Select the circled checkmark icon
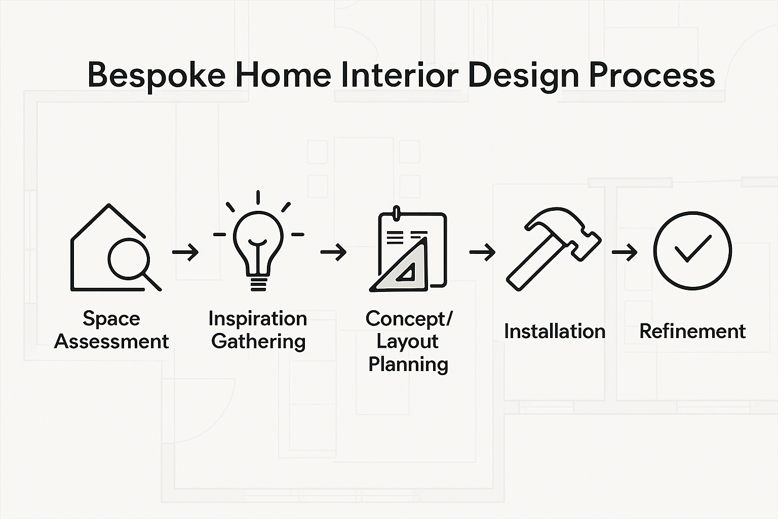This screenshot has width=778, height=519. coord(692,250)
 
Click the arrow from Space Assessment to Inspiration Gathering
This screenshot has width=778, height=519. coord(185,252)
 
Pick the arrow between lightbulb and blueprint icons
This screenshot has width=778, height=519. coord(333,252)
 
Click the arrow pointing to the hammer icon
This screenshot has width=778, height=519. coord(482,252)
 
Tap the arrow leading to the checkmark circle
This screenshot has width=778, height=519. coord(625,252)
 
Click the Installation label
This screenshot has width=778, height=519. coord(555,331)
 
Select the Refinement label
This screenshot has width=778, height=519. coord(692,331)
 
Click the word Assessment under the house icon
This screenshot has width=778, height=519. coord(111,342)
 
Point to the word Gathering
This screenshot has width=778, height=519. coord(258,342)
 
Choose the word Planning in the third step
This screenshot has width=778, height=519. coord(408,364)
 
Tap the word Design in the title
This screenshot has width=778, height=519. coord(524,76)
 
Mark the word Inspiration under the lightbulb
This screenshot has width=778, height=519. coord(258,319)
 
